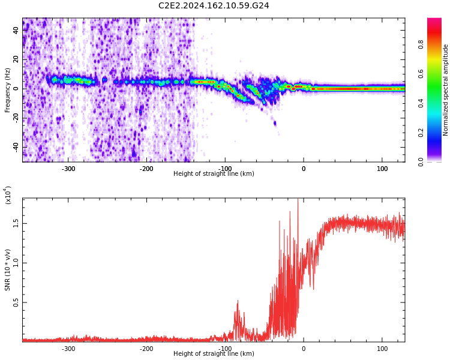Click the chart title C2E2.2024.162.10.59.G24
click(x=214, y=6)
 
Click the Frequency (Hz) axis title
click(x=8, y=90)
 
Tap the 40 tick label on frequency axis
click(x=16, y=30)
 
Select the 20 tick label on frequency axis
click(x=16, y=59)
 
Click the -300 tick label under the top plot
click(x=68, y=169)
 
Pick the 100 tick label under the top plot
click(x=382, y=169)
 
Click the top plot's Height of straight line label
click(x=214, y=174)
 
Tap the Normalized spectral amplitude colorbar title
click(x=446, y=90)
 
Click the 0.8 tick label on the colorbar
click(x=437, y=44)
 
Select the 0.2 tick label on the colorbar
click(x=437, y=133)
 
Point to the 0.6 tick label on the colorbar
click(x=437, y=74)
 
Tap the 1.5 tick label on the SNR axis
click(x=16, y=223)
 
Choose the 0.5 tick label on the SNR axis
click(x=16, y=302)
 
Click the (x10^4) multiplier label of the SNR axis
click(x=8, y=196)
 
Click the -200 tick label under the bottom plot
click(x=146, y=349)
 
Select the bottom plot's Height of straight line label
click(x=214, y=354)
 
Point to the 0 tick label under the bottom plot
click(x=304, y=349)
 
